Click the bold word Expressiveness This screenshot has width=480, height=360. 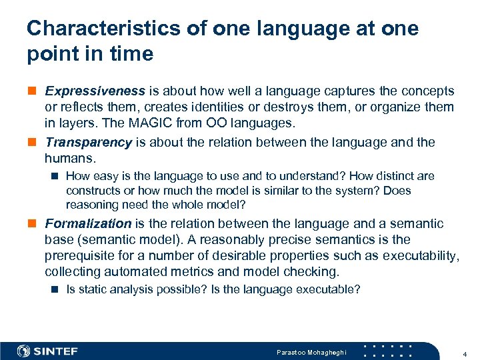tap(95, 91)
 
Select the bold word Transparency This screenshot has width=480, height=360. tap(88, 142)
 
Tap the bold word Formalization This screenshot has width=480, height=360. tap(88, 224)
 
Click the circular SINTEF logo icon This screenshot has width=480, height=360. tap(24, 351)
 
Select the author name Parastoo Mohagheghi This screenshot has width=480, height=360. tap(311, 351)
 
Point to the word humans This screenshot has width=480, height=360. tap(69, 158)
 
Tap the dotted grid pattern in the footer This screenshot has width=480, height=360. tap(391, 351)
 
